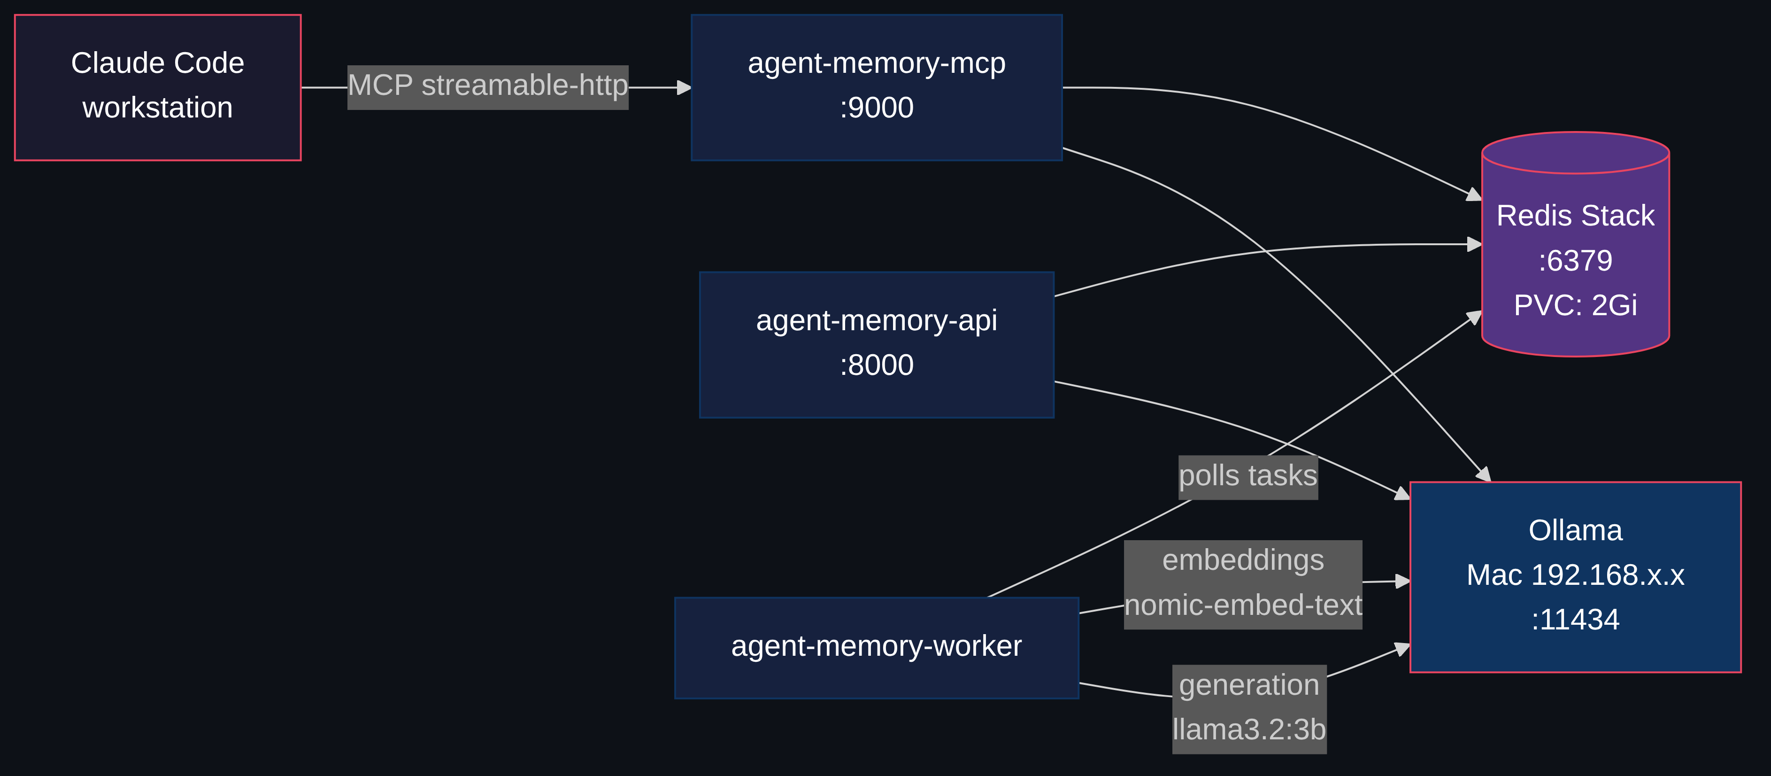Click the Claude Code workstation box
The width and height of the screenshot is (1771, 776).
coord(157,87)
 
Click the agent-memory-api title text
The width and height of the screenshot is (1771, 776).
coord(877,320)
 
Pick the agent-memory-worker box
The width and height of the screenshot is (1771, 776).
coord(877,647)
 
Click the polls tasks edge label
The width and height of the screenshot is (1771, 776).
coord(1248,476)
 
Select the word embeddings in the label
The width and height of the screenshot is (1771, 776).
coord(1243,560)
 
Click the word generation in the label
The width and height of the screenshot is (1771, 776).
coord(1249,685)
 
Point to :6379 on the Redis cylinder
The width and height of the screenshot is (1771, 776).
coord(1575,261)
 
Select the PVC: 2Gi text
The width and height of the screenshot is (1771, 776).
coord(1575,305)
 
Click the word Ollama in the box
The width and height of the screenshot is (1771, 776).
coord(1575,530)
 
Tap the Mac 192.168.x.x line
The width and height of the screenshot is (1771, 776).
coord(1575,575)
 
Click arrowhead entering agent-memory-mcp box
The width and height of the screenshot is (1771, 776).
coord(684,87)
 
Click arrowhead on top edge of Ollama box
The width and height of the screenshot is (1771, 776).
coord(1484,475)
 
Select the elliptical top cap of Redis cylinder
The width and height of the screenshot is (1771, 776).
coord(1575,153)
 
